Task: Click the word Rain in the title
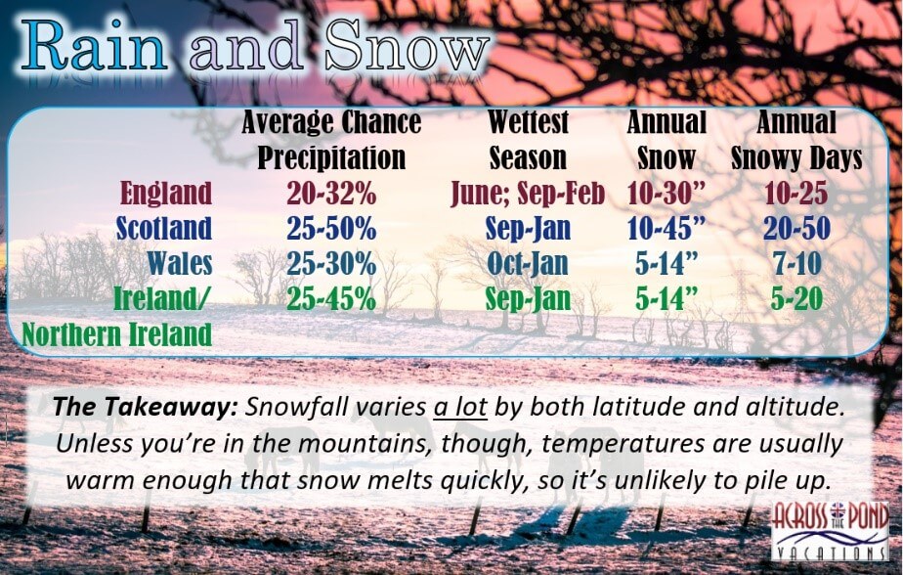(95, 46)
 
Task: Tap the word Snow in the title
(406, 46)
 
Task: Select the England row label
(166, 193)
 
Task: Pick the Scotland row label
(164, 228)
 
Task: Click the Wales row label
(180, 263)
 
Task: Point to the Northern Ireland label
(117, 334)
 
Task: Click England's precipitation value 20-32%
(331, 193)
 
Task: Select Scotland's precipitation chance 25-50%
(331, 228)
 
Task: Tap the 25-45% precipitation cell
(331, 298)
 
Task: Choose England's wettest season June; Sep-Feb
(528, 194)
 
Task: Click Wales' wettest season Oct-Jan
(528, 264)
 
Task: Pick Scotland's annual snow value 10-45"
(666, 228)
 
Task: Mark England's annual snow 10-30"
(666, 193)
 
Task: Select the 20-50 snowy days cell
(796, 228)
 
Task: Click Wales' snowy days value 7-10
(796, 263)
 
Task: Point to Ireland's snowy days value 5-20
(796, 298)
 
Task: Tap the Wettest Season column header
(528, 140)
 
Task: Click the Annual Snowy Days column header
(796, 140)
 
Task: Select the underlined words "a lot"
(460, 408)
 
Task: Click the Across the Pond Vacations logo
(830, 531)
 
